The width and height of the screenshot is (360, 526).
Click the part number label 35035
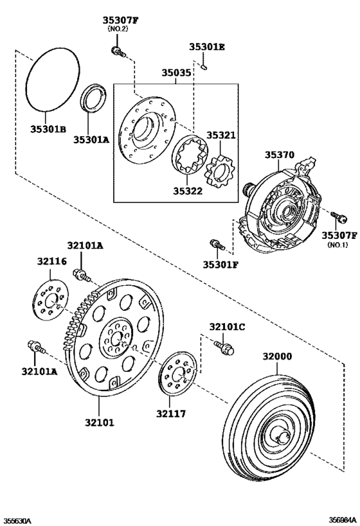pos(175,74)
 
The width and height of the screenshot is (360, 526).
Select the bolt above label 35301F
pos(215,245)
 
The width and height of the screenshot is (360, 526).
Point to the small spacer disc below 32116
pos(51,300)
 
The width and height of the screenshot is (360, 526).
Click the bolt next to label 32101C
pos(225,348)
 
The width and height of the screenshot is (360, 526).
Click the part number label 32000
pos(277,356)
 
